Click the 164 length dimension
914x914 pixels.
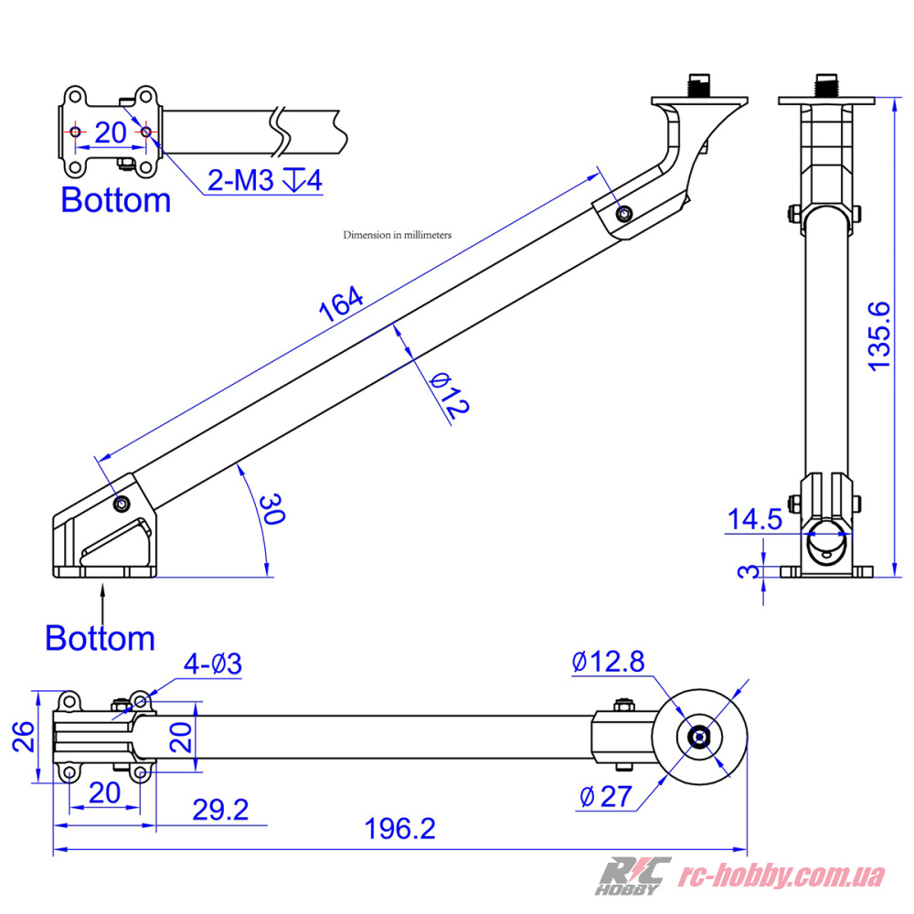[x=342, y=304]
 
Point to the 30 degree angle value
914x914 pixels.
[x=271, y=508]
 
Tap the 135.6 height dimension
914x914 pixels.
[x=879, y=335]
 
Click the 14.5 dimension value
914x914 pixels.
[x=754, y=520]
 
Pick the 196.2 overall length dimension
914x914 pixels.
[x=400, y=829]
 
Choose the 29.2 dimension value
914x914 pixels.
[x=219, y=810]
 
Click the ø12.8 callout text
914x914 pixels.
[x=609, y=662]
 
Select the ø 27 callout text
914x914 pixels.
[x=605, y=797]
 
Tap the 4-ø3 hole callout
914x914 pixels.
[x=212, y=664]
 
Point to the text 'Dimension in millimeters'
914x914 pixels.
[x=398, y=235]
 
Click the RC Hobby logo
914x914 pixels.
[x=633, y=875]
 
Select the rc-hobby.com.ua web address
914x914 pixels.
[x=784, y=876]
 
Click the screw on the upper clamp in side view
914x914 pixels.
[x=624, y=214]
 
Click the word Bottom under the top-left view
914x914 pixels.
[x=115, y=200]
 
